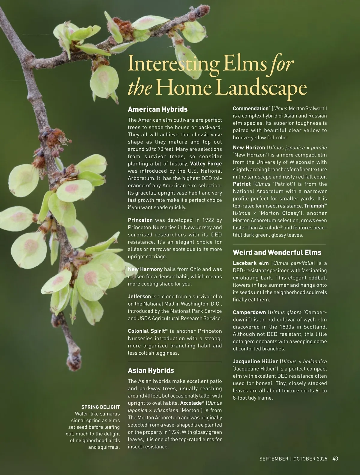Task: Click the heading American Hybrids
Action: pyautogui.click(x=157, y=109)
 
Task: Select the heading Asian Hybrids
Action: pyautogui.click(x=151, y=371)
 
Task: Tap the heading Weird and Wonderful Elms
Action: pyautogui.click(x=277, y=253)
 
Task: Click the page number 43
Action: pyautogui.click(x=335, y=458)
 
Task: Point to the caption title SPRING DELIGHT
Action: pyautogui.click(x=100, y=407)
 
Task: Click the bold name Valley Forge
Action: pyautogui.click(x=206, y=164)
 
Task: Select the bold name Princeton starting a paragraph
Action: pyautogui.click(x=140, y=220)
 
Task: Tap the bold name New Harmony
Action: pyautogui.click(x=145, y=269)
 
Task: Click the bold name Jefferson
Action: pyautogui.click(x=139, y=297)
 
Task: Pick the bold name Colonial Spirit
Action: pyautogui.click(x=146, y=331)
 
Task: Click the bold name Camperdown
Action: pyautogui.click(x=249, y=312)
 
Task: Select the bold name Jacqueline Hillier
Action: pyautogui.click(x=255, y=362)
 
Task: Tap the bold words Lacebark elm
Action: pyautogui.click(x=250, y=263)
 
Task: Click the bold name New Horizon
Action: pyautogui.click(x=249, y=148)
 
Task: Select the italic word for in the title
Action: pyautogui.click(x=281, y=64)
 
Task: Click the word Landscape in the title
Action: pyautogui.click(x=261, y=88)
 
